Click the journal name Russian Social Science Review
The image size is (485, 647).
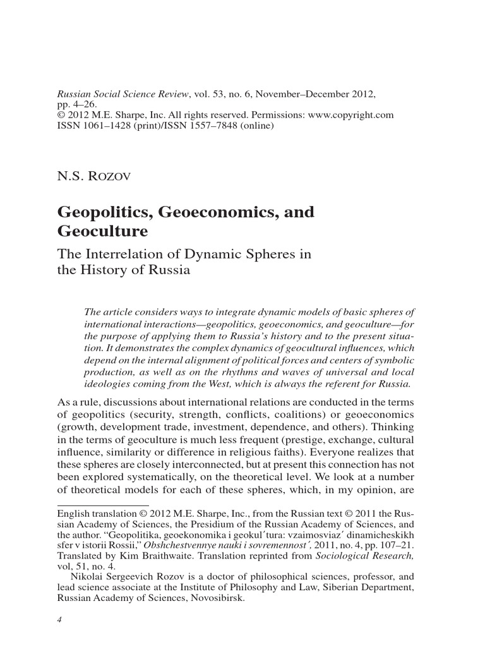[124, 94]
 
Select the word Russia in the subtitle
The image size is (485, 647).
[171, 270]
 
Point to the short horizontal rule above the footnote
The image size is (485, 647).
[102, 505]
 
